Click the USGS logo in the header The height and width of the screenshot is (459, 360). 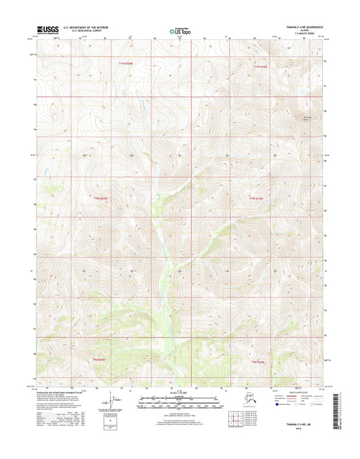(49, 30)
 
